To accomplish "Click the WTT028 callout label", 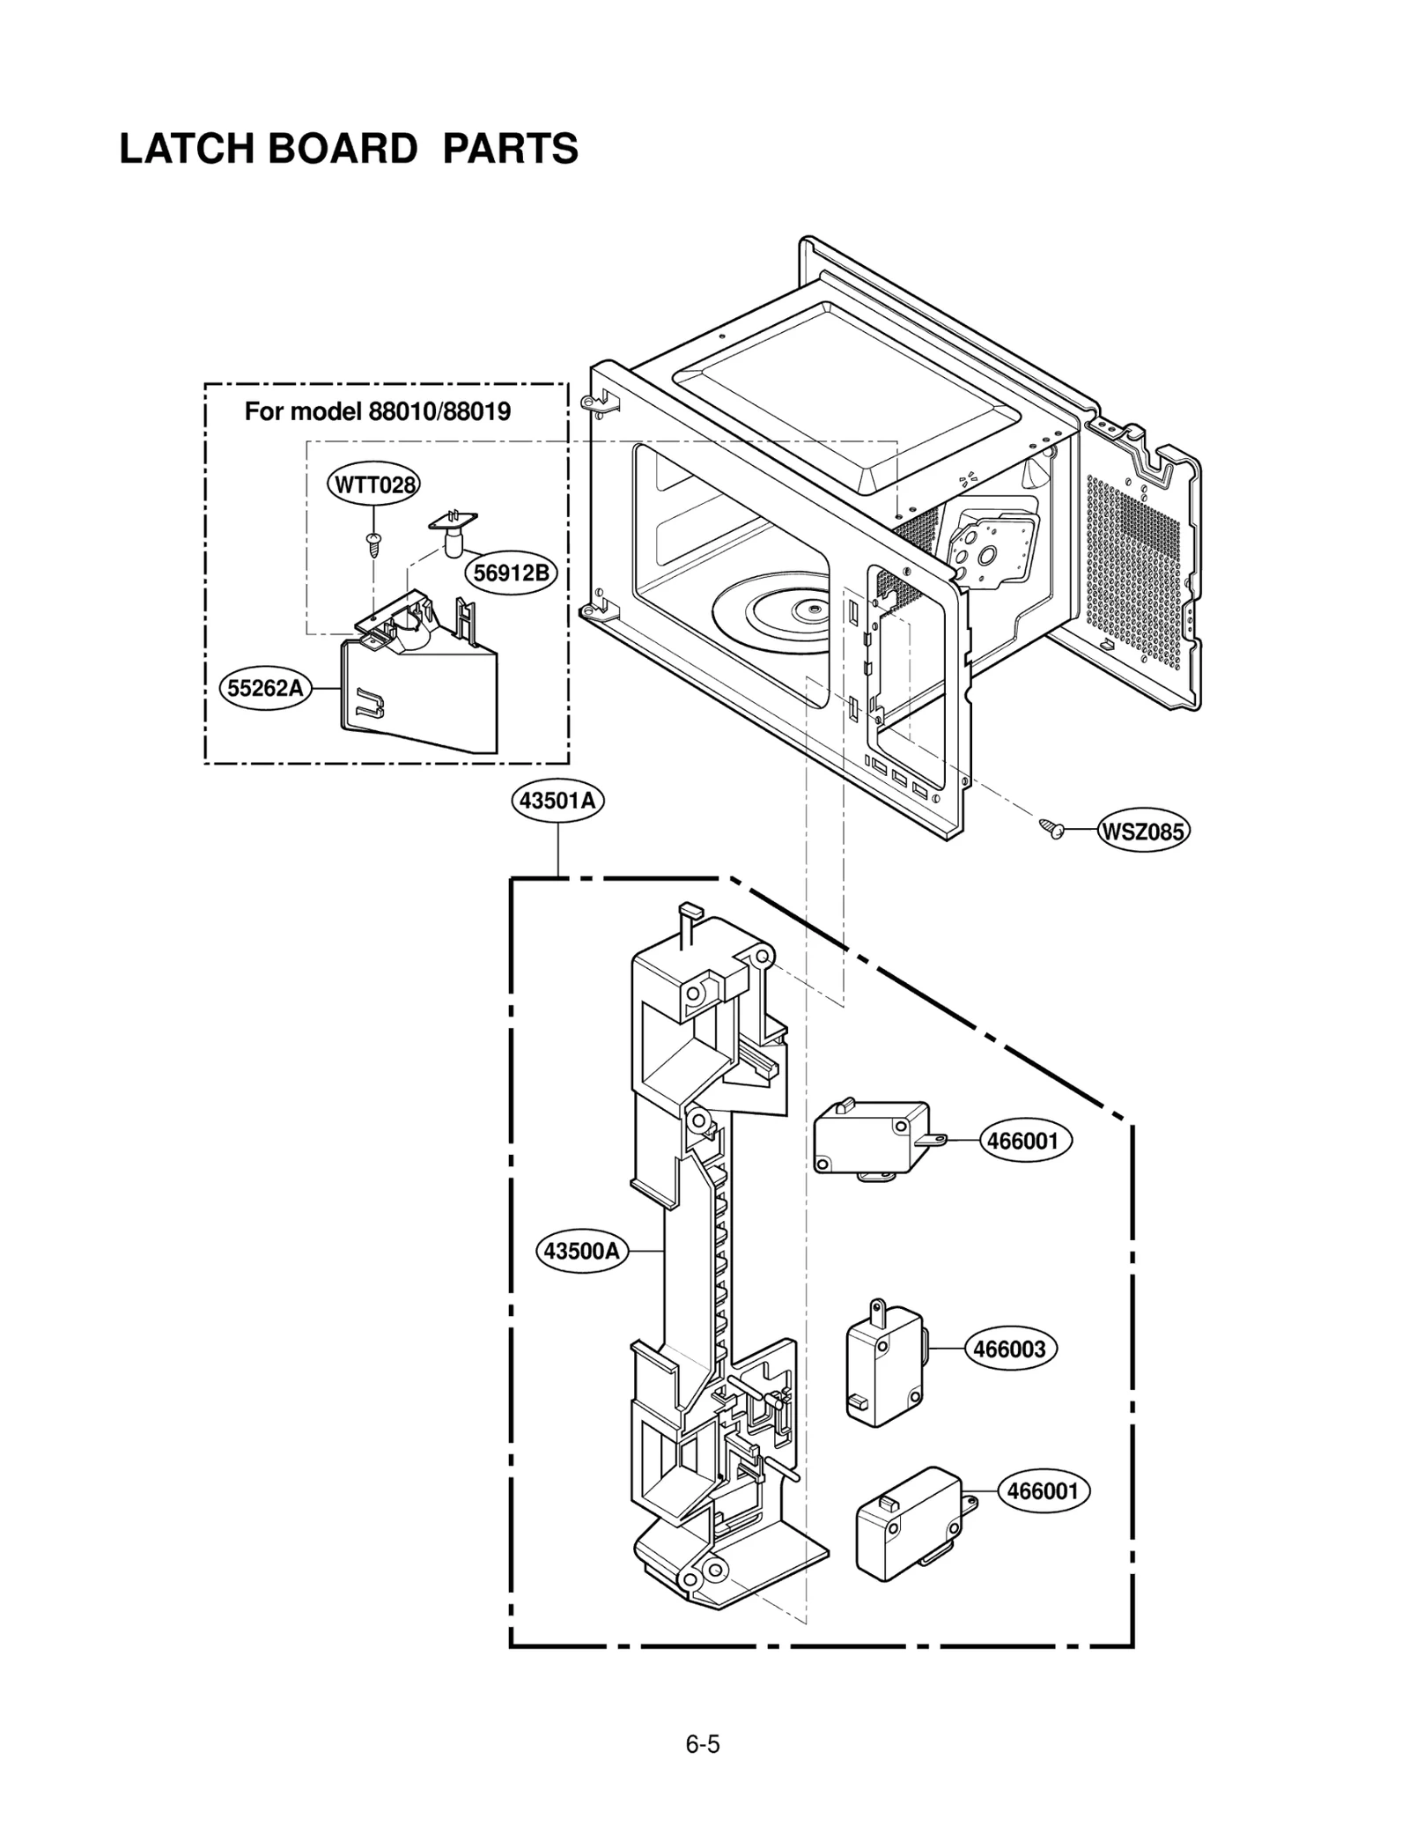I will click(x=373, y=484).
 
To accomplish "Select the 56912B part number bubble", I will click(x=511, y=573).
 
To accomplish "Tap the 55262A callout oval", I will click(x=265, y=688).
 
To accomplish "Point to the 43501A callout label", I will click(x=558, y=801).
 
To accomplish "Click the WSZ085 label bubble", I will click(x=1143, y=831).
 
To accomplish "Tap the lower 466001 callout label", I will click(x=1044, y=1490).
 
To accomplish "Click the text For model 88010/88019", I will click(x=377, y=411).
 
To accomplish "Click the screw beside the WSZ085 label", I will click(x=1051, y=826).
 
